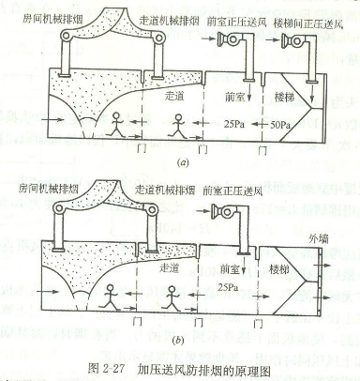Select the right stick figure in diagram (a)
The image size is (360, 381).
178,124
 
